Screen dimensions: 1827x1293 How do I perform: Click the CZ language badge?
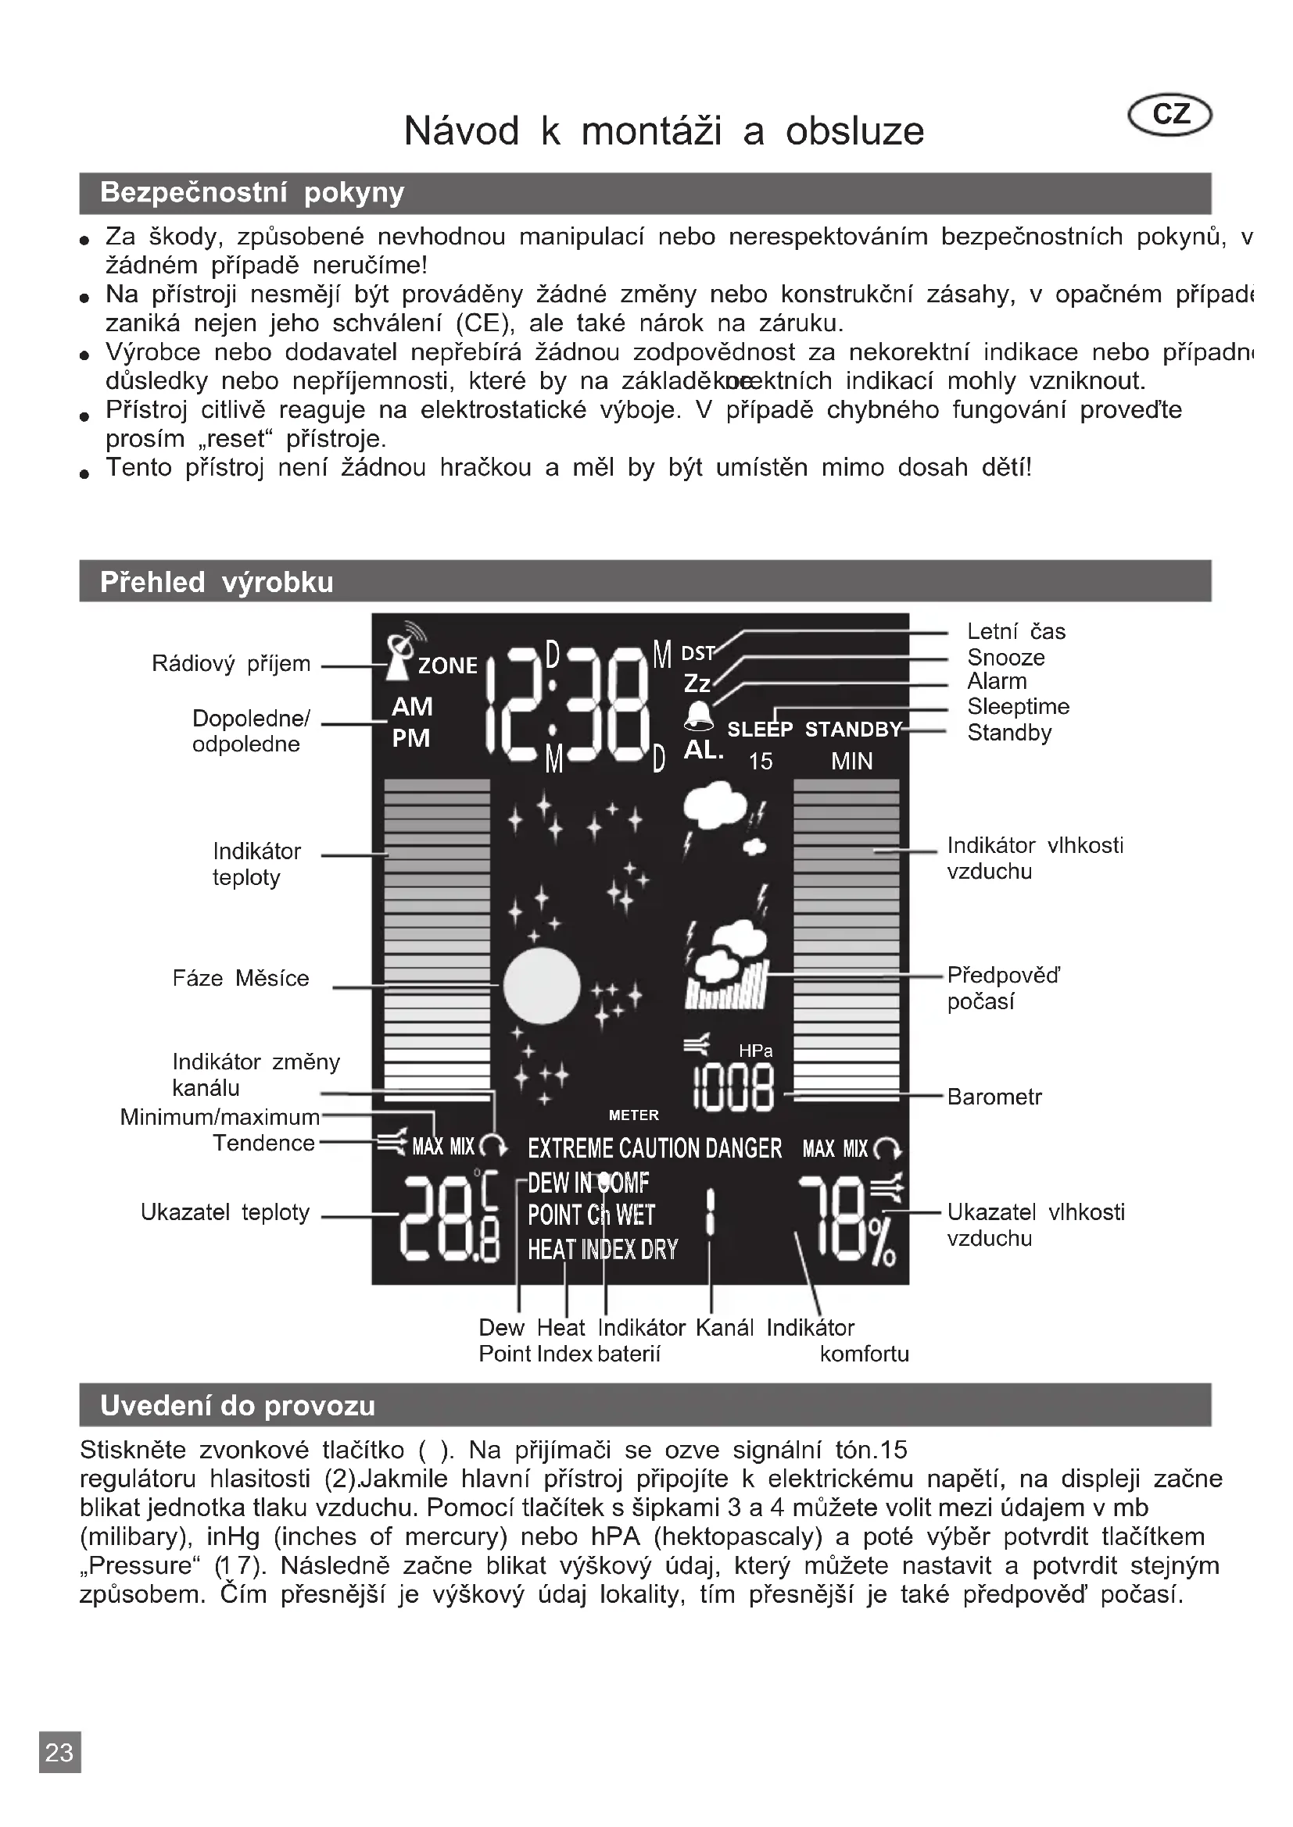(x=1169, y=115)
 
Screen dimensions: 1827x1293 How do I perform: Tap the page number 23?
(x=59, y=1774)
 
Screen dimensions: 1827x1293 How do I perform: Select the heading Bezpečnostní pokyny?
(x=252, y=193)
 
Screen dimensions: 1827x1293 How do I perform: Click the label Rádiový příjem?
(x=231, y=664)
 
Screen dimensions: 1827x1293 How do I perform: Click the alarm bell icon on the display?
(x=699, y=715)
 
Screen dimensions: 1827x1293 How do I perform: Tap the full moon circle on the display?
(x=542, y=986)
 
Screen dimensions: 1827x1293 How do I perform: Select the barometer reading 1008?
(x=733, y=1089)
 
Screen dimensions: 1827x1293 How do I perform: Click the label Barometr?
(x=994, y=1097)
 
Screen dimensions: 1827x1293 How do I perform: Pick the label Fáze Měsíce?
(x=241, y=978)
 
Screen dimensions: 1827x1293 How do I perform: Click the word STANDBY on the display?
(x=853, y=729)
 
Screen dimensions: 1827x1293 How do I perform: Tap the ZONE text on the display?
(x=447, y=665)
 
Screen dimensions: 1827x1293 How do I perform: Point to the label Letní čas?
(x=1016, y=631)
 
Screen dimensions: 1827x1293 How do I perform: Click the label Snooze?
(x=1005, y=657)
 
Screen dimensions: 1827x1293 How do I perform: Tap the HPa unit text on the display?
(x=755, y=1051)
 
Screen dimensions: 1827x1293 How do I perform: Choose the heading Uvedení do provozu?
(x=238, y=1405)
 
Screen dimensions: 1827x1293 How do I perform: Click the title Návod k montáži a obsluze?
(x=664, y=130)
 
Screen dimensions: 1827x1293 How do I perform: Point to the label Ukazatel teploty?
(x=224, y=1212)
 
